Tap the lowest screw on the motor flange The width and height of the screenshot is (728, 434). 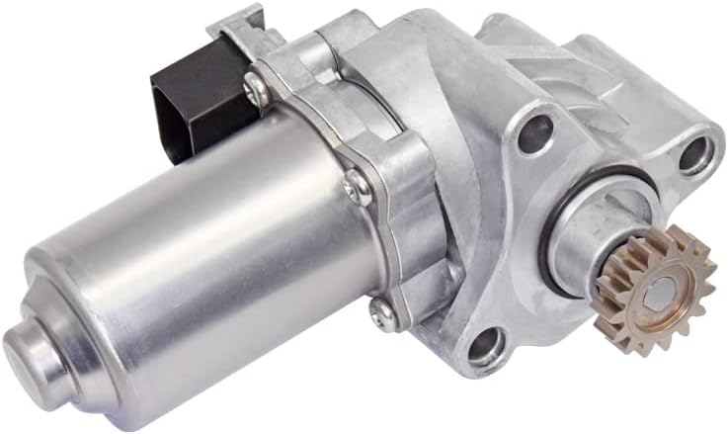pos(380,312)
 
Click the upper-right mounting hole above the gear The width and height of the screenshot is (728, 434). pos(696,151)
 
